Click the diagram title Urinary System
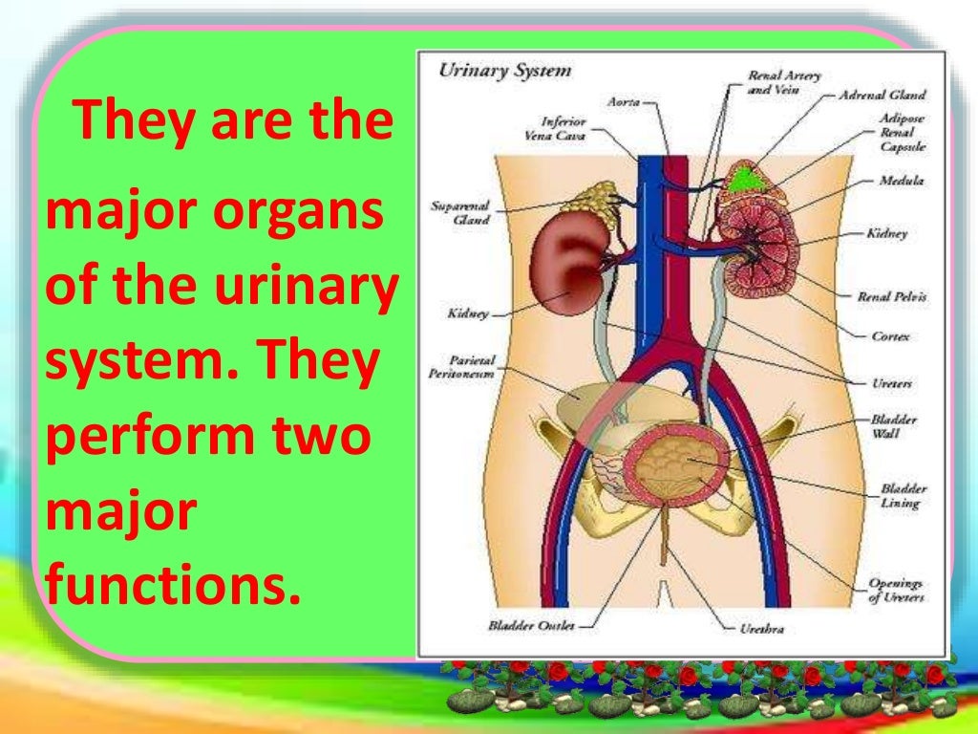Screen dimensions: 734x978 (504, 71)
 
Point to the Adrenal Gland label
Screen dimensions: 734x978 (882, 96)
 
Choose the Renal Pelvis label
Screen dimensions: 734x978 (891, 297)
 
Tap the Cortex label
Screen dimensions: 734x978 (890, 336)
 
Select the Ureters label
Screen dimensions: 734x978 (891, 383)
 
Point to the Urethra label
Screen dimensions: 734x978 (763, 629)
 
